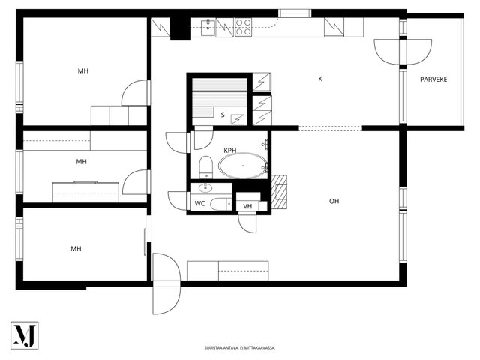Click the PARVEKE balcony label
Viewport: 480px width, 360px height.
point(433,79)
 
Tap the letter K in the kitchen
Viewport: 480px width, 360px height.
point(320,79)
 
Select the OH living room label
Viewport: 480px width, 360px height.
point(334,201)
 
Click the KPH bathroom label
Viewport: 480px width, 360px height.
point(230,150)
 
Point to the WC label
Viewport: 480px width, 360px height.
point(199,203)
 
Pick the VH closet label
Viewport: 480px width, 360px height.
point(247,206)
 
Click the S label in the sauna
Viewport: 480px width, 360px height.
point(223,115)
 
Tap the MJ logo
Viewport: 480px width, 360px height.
point(25,335)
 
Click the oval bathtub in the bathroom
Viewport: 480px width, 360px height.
point(243,166)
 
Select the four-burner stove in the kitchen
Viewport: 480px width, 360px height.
point(243,27)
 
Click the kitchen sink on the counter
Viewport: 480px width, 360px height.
point(208,28)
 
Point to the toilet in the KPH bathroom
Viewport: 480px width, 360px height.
point(205,167)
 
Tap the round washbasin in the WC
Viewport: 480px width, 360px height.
point(205,187)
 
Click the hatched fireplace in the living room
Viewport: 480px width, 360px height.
point(279,192)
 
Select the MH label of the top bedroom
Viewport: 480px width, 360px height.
point(83,71)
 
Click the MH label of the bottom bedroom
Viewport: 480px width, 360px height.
point(76,249)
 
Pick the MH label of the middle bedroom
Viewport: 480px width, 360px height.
point(81,162)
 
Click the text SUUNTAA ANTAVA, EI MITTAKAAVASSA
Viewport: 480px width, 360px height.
point(240,348)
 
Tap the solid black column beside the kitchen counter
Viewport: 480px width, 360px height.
point(180,28)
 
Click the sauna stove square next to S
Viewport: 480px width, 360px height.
point(238,119)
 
